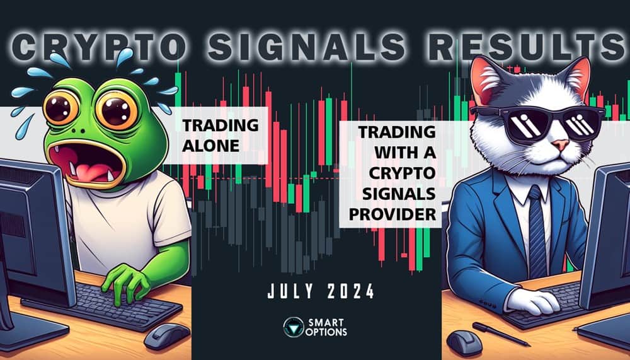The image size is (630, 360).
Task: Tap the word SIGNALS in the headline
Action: point(287,47)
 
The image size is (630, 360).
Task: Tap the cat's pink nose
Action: point(554,146)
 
